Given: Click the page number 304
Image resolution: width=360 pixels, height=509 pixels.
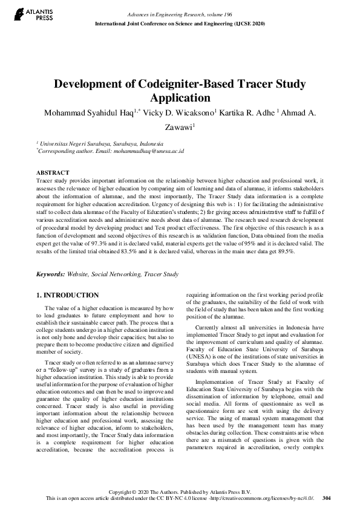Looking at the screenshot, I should pyautogui.click(x=327, y=498).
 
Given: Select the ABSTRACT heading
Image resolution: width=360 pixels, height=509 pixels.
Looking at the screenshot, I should pyautogui.click(x=53, y=172).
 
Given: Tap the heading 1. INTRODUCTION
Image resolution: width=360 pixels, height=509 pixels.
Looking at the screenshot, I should pyautogui.click(x=67, y=295).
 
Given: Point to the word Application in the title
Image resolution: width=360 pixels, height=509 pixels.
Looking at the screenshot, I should pyautogui.click(x=180, y=98).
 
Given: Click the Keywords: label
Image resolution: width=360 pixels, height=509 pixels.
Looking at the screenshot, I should pyautogui.click(x=55, y=274).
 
